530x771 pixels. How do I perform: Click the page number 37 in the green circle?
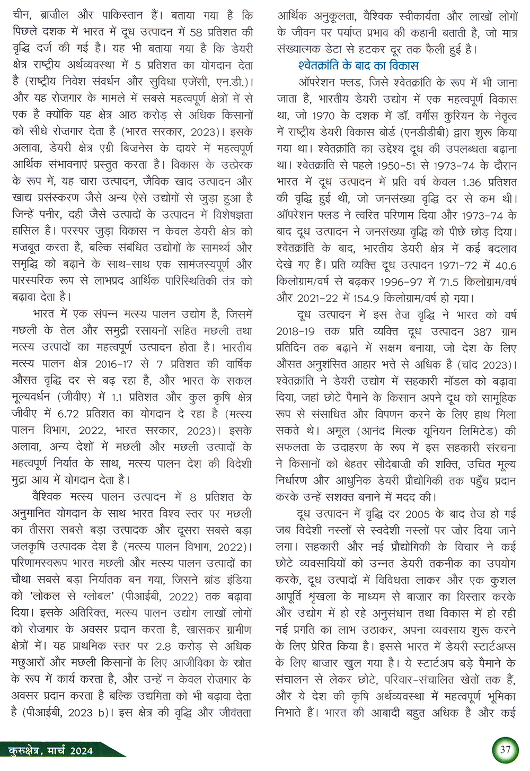[505, 749]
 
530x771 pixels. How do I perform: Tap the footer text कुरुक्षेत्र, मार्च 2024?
[51, 750]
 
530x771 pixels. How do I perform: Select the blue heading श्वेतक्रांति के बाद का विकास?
[358, 66]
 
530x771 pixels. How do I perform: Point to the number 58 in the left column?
[196, 32]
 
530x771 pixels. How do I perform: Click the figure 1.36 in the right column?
[471, 182]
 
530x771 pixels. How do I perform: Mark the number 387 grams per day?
[482, 331]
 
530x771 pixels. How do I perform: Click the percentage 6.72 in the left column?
[72, 414]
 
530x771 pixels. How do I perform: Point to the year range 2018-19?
[295, 331]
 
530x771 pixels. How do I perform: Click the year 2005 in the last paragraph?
[418, 514]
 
